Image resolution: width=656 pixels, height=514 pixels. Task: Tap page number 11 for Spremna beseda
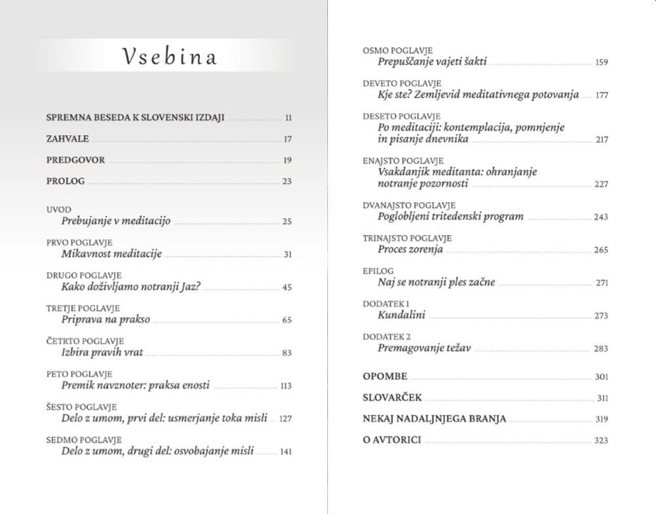click(x=288, y=118)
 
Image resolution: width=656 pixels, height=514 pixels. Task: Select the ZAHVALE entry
click(x=68, y=139)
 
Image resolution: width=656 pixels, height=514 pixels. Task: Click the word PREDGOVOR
click(x=75, y=160)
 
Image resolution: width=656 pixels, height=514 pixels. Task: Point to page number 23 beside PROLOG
click(x=287, y=181)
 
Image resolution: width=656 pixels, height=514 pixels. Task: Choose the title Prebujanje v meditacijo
click(x=115, y=221)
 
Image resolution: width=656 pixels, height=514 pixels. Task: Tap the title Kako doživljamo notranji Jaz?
click(x=131, y=287)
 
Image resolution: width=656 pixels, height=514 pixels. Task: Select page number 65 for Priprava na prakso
click(x=287, y=320)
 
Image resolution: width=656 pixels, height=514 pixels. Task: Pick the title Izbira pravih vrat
click(x=102, y=353)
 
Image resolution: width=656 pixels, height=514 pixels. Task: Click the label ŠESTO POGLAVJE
click(x=81, y=407)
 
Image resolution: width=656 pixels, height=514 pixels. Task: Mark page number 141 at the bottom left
click(x=285, y=452)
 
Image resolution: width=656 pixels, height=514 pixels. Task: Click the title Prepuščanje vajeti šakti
click(x=432, y=62)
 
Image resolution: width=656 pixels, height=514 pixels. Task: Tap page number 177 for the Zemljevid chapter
click(x=602, y=95)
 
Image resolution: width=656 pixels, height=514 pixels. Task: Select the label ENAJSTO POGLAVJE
click(x=403, y=161)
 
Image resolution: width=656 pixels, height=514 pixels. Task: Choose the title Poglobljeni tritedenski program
click(x=451, y=217)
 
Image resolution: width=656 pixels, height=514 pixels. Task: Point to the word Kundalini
click(x=401, y=315)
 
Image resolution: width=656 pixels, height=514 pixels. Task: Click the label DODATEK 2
click(x=386, y=337)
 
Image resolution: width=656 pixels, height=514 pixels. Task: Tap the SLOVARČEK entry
click(x=392, y=398)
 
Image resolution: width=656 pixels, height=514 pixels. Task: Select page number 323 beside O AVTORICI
click(x=601, y=440)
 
